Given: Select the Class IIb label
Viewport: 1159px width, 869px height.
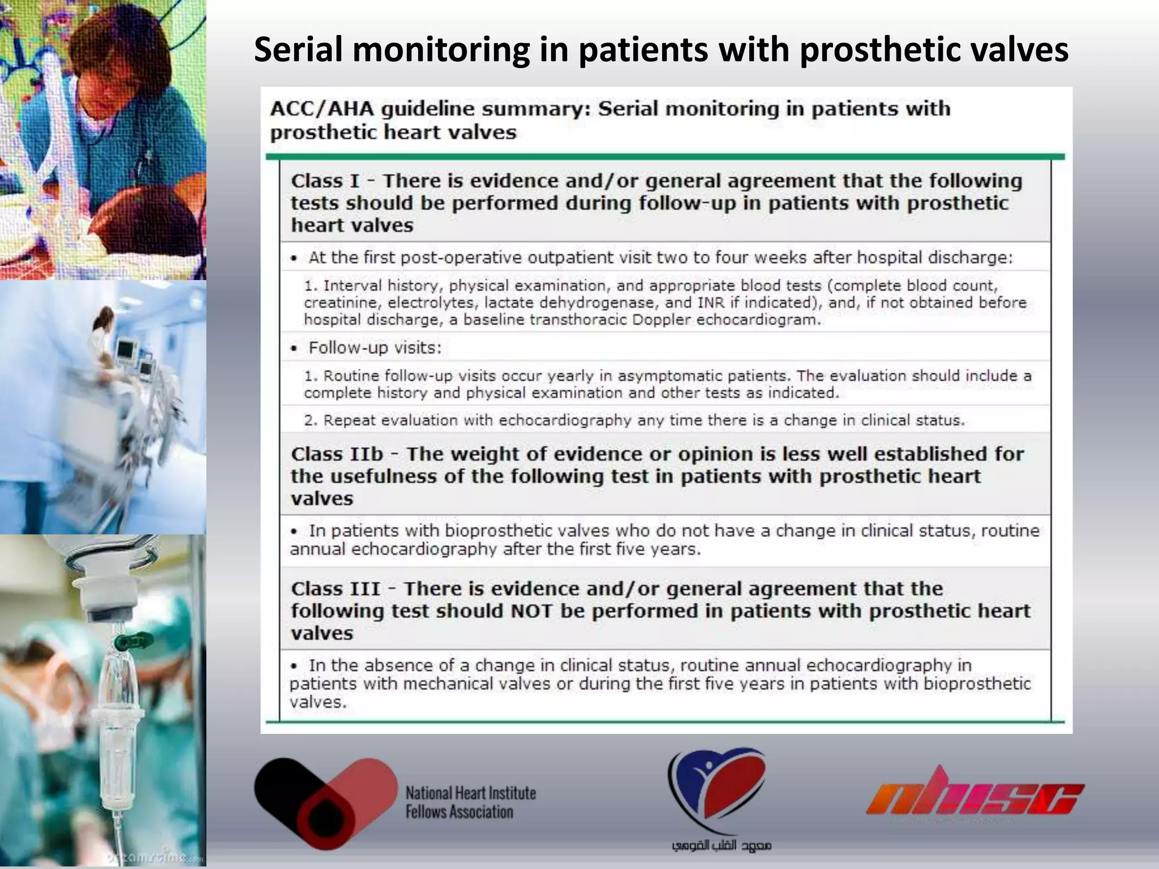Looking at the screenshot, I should point(337,454).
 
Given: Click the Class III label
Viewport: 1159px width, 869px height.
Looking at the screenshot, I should point(336,589).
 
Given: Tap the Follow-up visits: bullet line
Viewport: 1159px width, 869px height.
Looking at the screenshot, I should point(374,347).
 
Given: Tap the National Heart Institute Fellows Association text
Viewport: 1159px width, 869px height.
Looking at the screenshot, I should point(470,802).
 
